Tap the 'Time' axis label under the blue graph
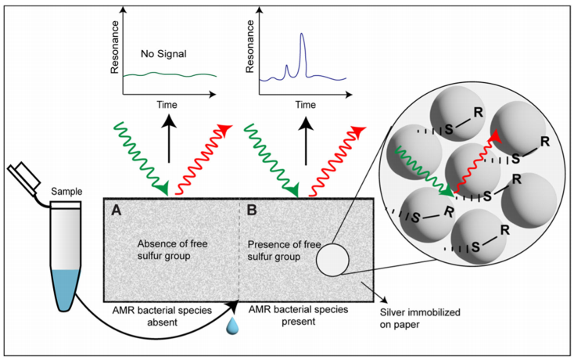[x=307, y=103]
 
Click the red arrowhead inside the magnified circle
[x=495, y=137]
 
